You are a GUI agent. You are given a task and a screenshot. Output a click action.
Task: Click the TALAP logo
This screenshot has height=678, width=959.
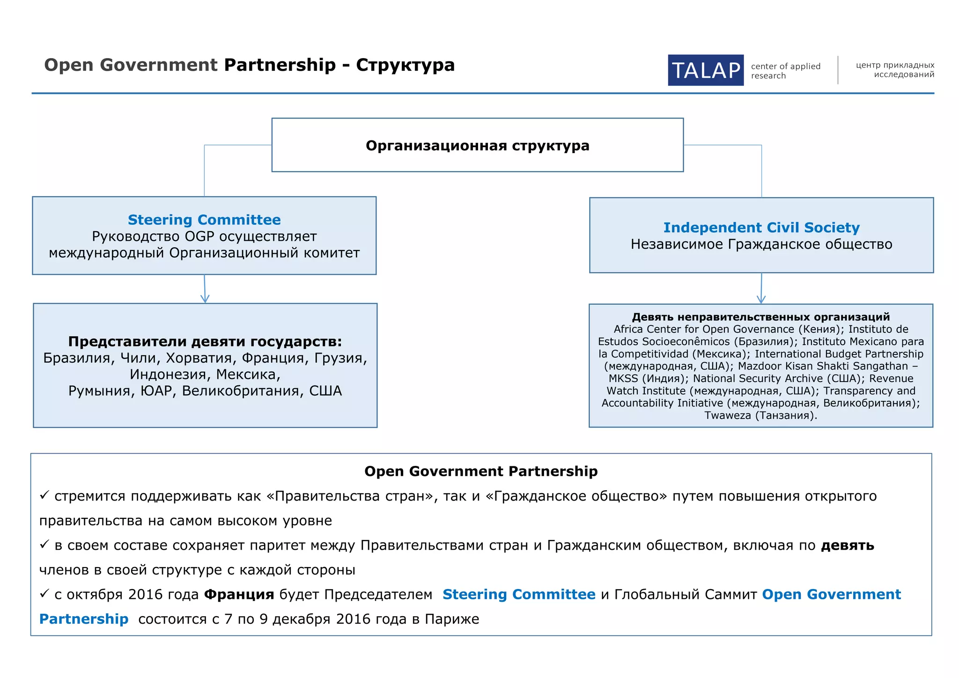tap(705, 70)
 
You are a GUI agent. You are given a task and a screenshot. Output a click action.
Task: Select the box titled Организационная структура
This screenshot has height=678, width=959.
tap(477, 145)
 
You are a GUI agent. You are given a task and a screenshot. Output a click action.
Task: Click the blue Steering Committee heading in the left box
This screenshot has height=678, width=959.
tap(204, 220)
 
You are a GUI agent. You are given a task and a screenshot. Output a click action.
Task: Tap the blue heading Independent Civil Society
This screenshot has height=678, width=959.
tap(761, 228)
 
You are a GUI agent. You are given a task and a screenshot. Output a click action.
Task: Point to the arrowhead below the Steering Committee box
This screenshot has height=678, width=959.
tap(205, 298)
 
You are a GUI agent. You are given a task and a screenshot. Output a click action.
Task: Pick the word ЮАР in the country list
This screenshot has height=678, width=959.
tap(156, 391)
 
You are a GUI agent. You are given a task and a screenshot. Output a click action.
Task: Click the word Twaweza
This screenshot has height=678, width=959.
tap(727, 415)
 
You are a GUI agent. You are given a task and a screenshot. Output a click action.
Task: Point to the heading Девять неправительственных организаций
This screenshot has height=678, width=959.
tap(761, 317)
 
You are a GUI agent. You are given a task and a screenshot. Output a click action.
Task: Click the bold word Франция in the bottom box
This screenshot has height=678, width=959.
tap(239, 595)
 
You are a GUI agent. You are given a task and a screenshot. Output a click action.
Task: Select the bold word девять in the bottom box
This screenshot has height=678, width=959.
tap(848, 545)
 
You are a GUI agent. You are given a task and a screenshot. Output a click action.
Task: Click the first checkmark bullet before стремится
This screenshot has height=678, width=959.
tap(44, 495)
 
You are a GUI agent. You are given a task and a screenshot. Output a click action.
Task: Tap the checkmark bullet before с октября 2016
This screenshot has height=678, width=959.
tap(44, 594)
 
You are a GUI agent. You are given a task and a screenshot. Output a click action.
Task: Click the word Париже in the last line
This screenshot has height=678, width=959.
tap(452, 619)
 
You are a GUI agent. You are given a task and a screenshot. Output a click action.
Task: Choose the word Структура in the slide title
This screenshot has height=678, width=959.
tap(405, 65)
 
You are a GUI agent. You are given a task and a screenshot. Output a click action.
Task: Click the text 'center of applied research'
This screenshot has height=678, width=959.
tap(785, 71)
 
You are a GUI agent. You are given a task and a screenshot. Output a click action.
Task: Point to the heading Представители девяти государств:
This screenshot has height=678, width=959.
tap(205, 341)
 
